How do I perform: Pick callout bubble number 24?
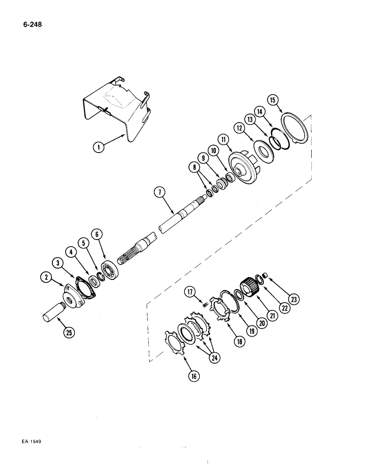click(x=218, y=358)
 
